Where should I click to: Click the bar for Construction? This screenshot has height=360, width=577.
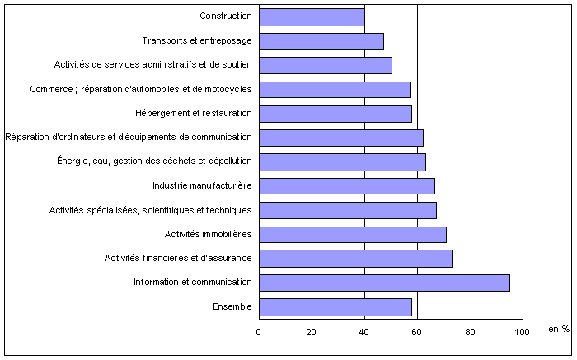312,16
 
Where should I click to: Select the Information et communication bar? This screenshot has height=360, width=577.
384,283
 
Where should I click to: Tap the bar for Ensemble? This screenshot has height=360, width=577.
335,307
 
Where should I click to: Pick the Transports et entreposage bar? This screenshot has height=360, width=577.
321,41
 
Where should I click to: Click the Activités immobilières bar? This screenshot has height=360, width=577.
353,235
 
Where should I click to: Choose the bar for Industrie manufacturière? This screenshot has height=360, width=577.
347,186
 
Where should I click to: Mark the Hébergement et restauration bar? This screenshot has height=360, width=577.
335,114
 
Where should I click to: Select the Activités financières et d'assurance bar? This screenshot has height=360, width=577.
355,259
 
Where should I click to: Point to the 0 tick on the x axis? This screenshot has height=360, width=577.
259,331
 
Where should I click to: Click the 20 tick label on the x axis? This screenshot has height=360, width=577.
312,331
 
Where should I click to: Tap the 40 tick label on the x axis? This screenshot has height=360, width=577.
364,331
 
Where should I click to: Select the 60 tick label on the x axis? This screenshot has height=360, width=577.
417,331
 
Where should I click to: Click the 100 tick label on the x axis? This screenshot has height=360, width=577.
522,331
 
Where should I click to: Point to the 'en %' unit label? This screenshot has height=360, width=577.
559,330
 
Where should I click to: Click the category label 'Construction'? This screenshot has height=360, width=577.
226,16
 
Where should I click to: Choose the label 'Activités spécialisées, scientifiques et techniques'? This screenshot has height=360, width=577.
150,210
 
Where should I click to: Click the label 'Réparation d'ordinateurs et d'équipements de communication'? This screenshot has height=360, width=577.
129,138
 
